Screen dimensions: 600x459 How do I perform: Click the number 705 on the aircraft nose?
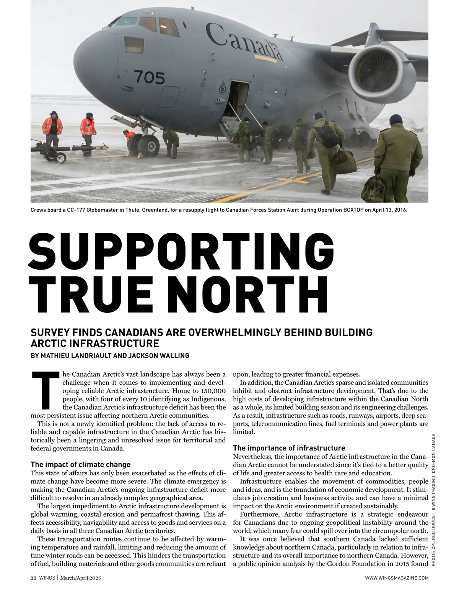(149, 78)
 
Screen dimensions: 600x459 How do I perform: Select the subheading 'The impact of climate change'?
(80, 465)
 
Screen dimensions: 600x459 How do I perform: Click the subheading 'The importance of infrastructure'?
(289, 448)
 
